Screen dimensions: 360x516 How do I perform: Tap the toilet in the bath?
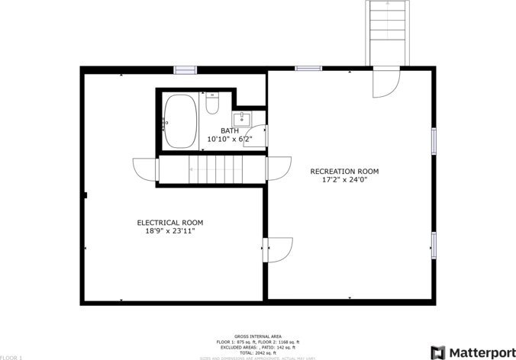click(212, 103)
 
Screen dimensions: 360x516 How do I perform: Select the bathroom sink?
click(242, 119)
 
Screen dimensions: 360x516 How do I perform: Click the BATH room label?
click(230, 130)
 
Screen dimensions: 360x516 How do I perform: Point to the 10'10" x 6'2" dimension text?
click(229, 140)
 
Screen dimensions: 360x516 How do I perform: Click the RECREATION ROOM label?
click(344, 171)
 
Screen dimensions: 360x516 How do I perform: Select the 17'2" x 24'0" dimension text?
click(344, 180)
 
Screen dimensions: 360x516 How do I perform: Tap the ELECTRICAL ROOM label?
click(170, 223)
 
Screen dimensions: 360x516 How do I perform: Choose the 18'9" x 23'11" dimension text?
click(170, 231)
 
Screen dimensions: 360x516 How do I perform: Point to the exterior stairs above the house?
click(388, 32)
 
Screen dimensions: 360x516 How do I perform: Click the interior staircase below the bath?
click(211, 169)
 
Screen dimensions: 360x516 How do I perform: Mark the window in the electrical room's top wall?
click(185, 70)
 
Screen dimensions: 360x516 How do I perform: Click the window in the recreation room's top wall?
click(308, 69)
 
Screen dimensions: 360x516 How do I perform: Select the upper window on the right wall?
click(434, 140)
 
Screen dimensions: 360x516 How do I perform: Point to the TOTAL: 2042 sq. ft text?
click(256, 352)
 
